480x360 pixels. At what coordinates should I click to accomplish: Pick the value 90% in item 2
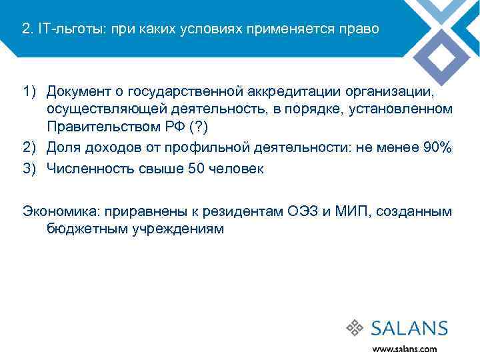[x=437, y=148]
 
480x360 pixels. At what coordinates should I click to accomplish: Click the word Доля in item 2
[x=63, y=148]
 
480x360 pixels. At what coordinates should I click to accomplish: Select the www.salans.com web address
[x=405, y=348]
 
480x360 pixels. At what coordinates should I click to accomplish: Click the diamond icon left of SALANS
[x=355, y=328]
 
